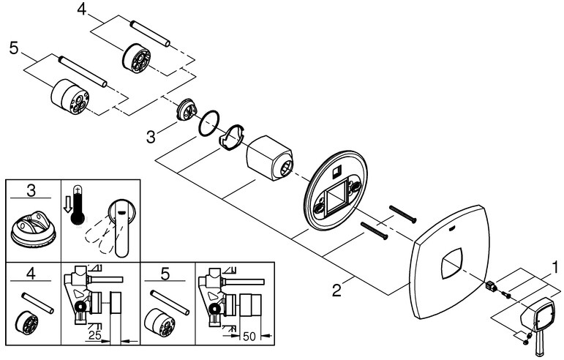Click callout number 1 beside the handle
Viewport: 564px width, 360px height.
555,266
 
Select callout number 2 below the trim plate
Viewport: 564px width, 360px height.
336,291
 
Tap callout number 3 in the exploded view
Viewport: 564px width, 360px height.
151,136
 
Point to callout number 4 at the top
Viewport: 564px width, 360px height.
81,10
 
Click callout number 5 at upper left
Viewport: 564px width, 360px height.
13,50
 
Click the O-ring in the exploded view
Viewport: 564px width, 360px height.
210,122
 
